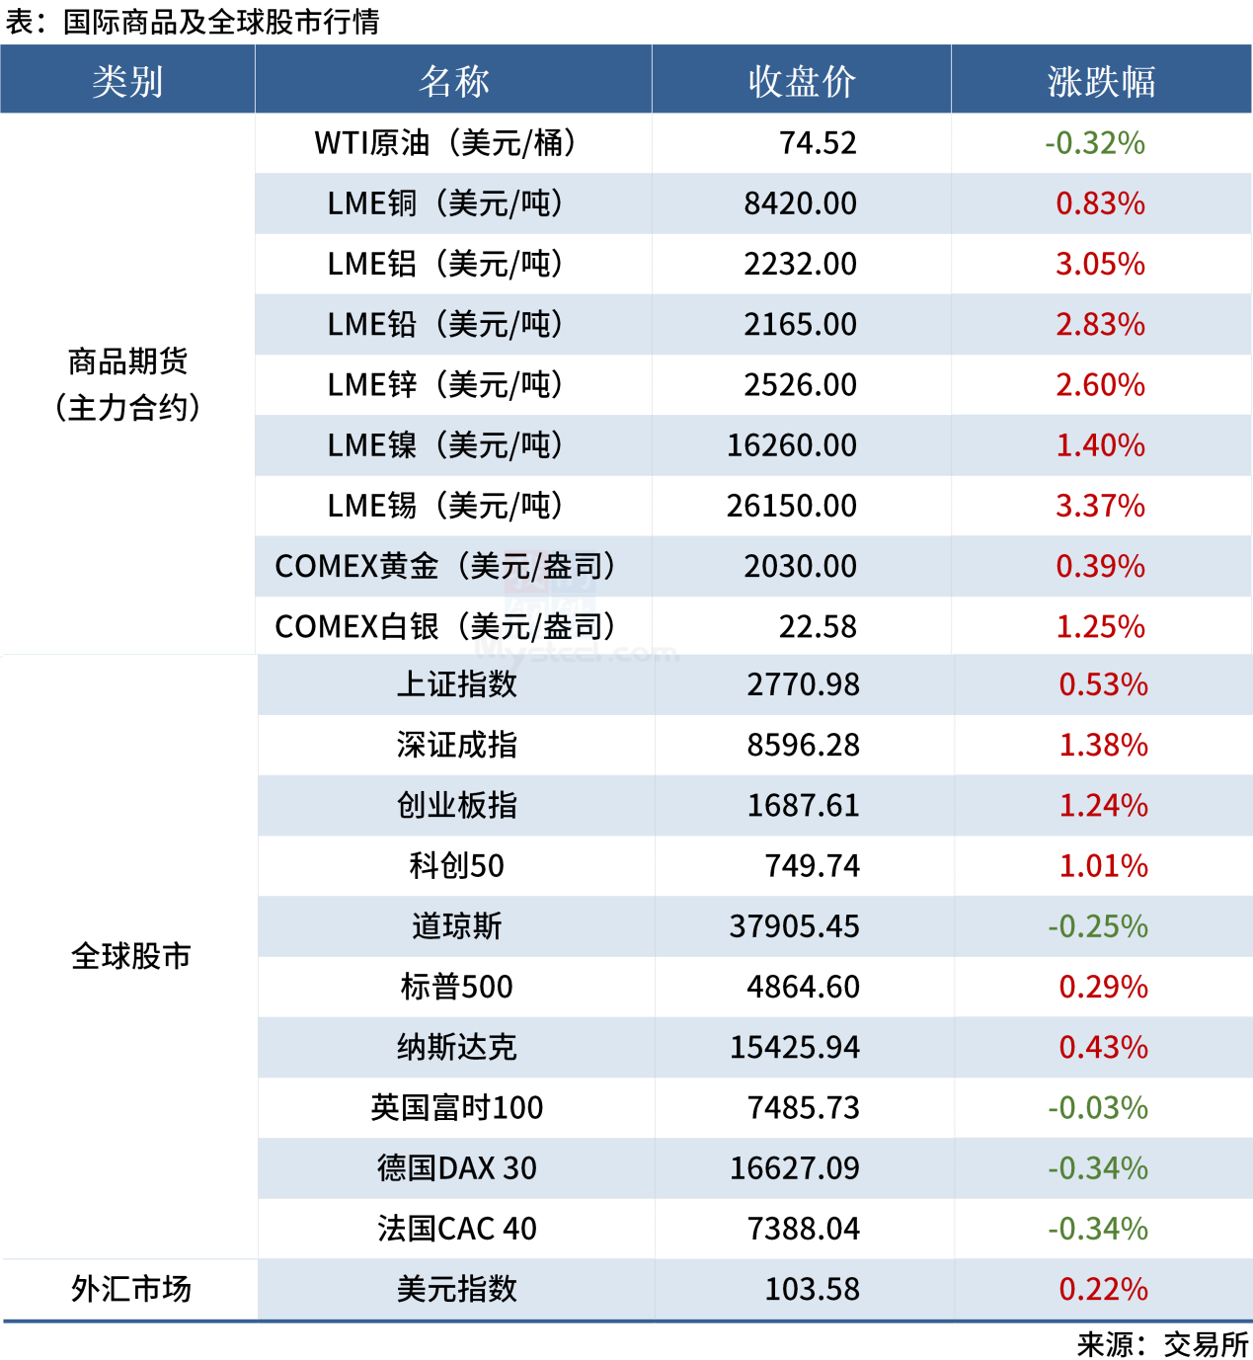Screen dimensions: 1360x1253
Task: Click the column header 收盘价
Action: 801,81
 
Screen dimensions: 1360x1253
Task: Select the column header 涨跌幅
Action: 1101,81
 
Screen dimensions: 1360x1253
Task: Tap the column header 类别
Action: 127,81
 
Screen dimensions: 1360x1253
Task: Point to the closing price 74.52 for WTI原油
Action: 818,143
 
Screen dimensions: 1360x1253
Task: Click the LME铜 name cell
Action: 445,203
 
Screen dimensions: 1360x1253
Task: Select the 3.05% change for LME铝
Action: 1100,264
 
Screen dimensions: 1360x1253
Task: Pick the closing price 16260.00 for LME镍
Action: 792,445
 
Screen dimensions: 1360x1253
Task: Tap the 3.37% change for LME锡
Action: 1100,506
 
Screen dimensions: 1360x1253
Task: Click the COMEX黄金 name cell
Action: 445,566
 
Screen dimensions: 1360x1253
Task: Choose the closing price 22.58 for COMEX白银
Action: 818,626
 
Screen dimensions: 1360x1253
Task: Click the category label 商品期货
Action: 127,362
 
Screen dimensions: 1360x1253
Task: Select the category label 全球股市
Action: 130,956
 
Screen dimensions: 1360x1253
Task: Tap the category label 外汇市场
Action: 130,1289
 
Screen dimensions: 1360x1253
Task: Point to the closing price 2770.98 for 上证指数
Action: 803,684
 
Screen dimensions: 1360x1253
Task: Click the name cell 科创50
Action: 456,866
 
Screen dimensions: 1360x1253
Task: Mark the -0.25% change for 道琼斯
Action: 1098,926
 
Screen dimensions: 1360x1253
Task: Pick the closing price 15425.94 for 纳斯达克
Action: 794,1047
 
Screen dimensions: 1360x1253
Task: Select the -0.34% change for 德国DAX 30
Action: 1098,1168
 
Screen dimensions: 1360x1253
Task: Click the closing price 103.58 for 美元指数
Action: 812,1289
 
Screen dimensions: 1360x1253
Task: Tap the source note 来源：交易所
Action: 1162,1344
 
